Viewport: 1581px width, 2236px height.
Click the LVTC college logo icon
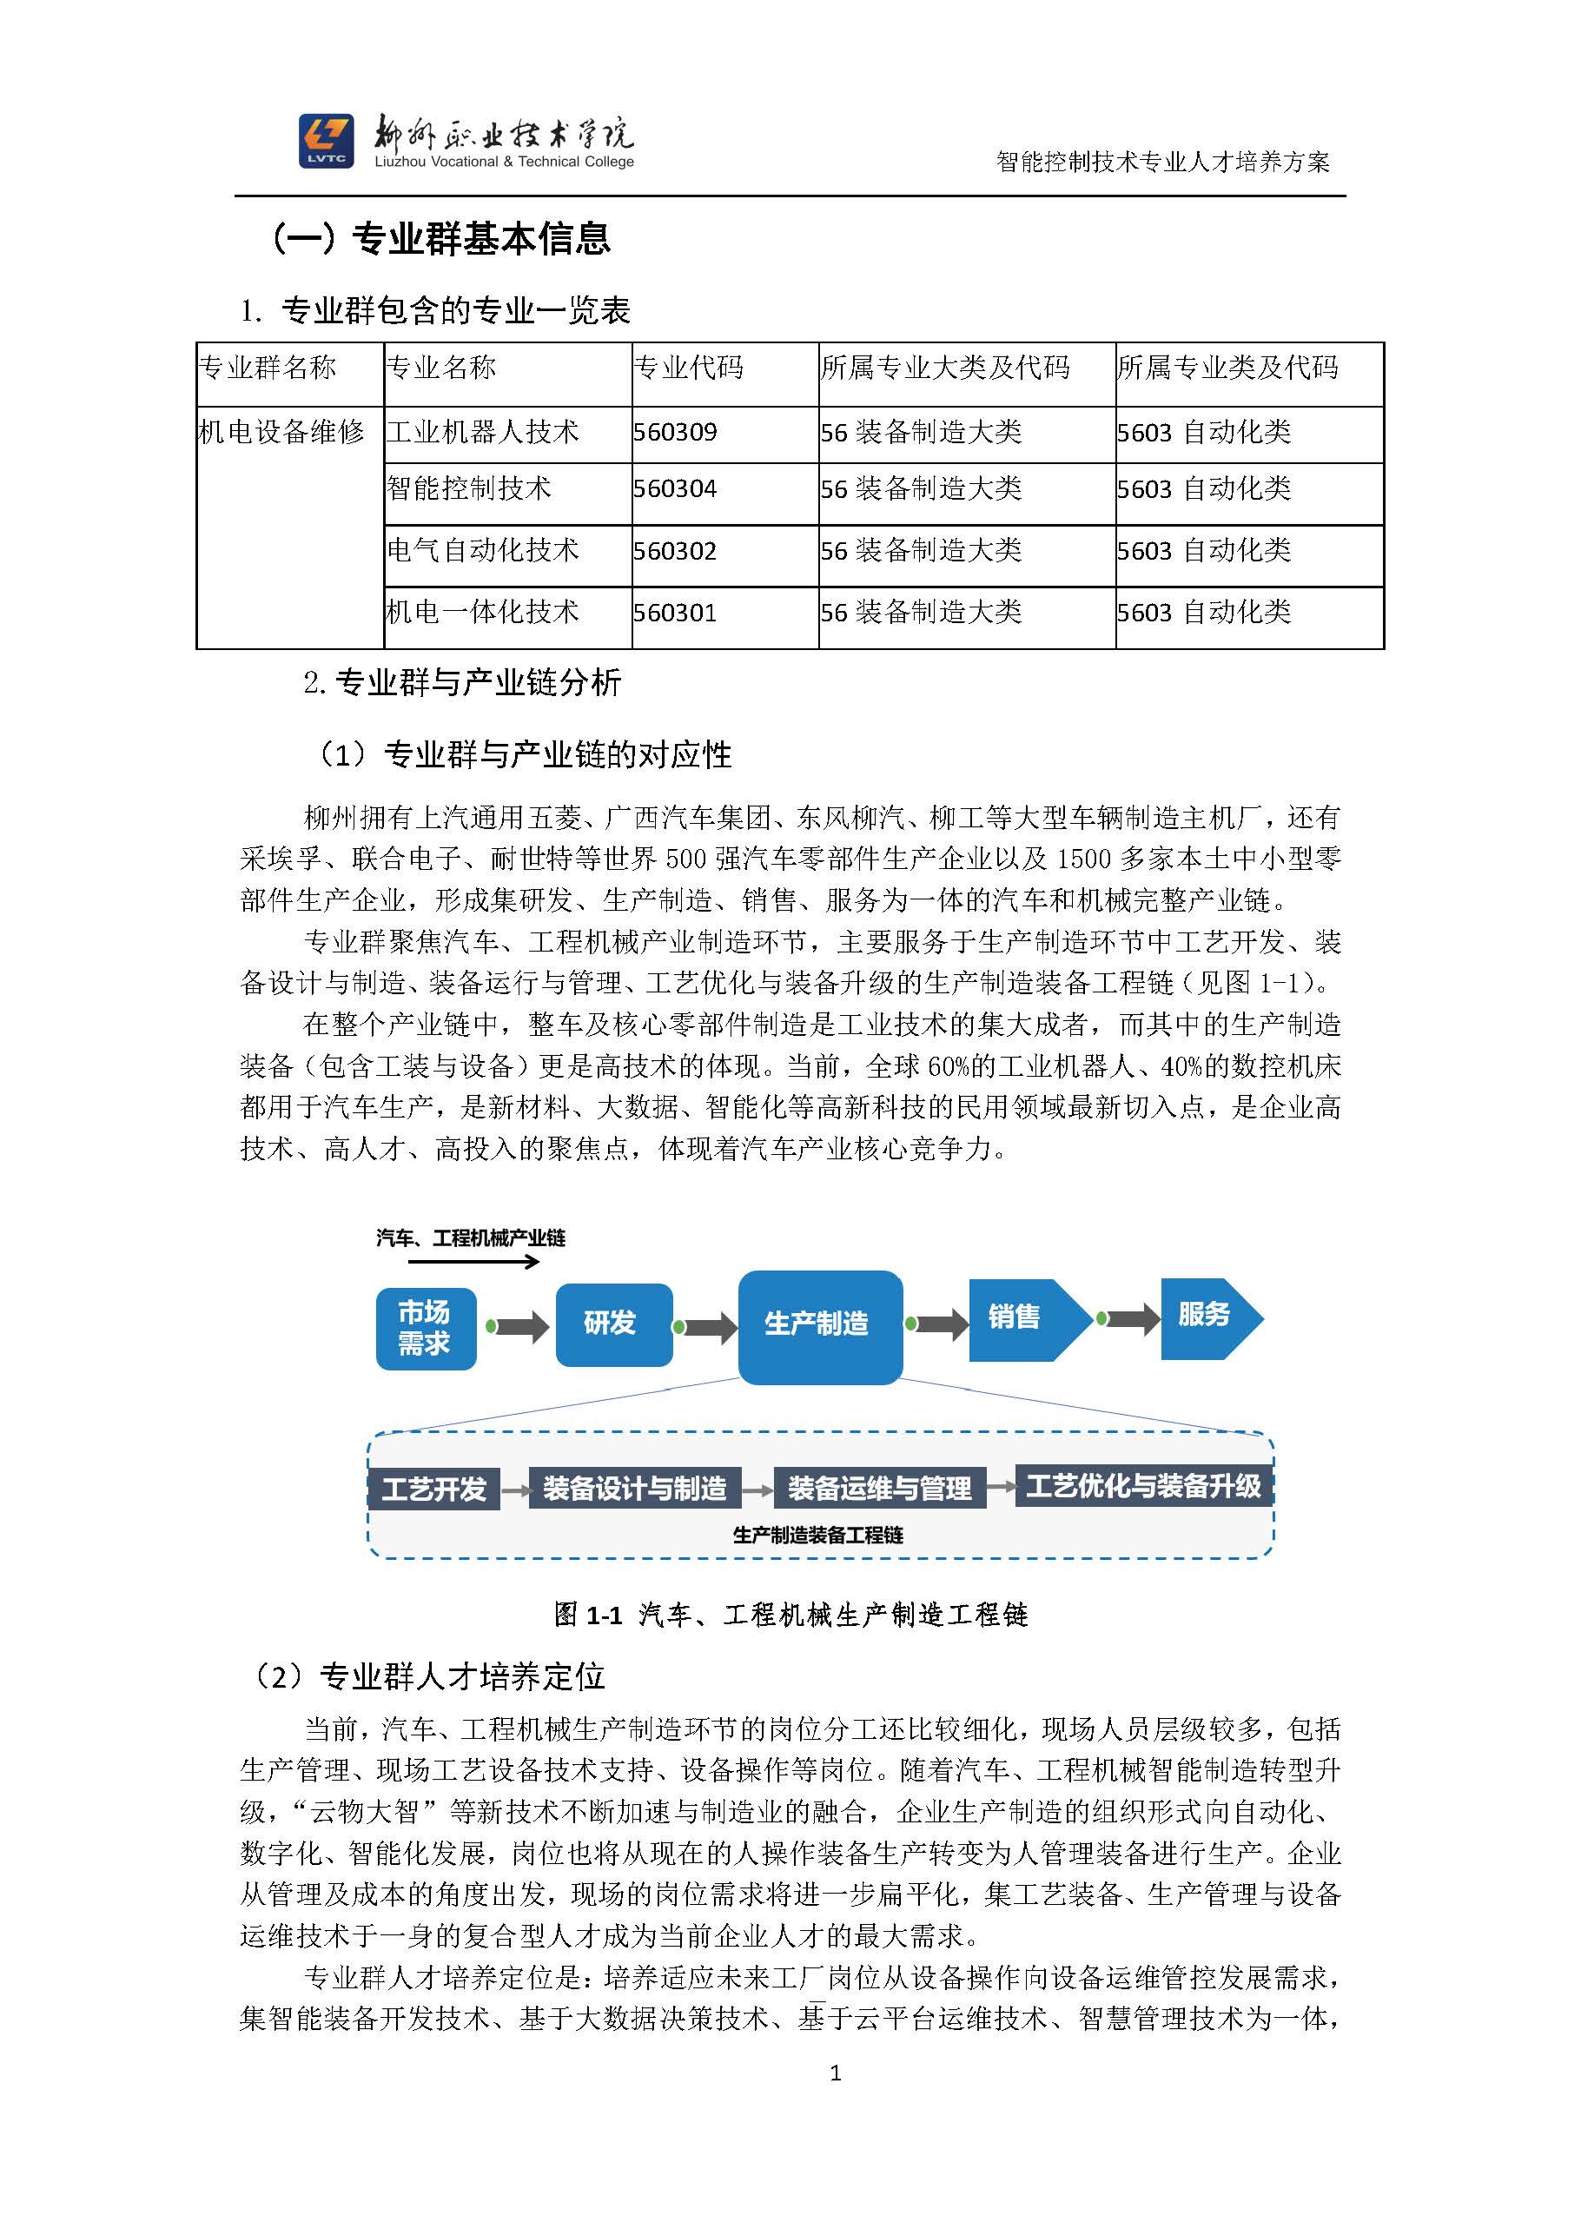[326, 141]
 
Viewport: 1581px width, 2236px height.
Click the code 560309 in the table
[675, 433]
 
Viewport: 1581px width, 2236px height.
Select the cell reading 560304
[675, 489]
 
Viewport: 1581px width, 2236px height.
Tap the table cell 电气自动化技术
[482, 551]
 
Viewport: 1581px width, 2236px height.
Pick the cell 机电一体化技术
[482, 613]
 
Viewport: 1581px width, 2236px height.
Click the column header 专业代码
[688, 368]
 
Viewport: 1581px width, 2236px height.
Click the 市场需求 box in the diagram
[426, 1329]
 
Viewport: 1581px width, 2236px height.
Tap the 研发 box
[612, 1324]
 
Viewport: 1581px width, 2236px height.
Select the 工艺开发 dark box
[433, 1489]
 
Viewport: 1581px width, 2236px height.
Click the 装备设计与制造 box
[635, 1489]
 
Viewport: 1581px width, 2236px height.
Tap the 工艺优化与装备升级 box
[1143, 1486]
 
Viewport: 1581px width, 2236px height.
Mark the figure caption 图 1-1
[790, 1615]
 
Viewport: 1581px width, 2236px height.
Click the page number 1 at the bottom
[836, 2073]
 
